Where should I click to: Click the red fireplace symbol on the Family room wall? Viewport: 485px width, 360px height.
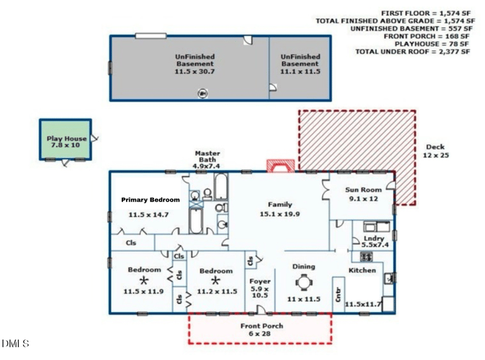pos(281,165)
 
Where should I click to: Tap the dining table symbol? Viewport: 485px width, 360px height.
pos(304,282)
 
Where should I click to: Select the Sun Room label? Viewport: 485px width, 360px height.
pos(363,190)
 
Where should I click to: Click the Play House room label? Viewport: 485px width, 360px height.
pos(67,139)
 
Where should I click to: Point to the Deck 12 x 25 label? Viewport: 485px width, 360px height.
pos(435,152)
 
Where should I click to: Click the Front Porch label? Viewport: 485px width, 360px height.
pos(262,325)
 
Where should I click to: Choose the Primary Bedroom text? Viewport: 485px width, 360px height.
pos(150,200)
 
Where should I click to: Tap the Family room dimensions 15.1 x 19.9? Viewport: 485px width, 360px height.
pos(279,214)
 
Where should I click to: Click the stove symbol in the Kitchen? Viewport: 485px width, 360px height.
pos(366,257)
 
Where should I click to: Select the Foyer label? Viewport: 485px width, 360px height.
pos(260,281)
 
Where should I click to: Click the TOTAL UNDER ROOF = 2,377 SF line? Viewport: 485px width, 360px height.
pos(412,52)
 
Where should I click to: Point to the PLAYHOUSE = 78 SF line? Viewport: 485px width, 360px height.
pos(432,44)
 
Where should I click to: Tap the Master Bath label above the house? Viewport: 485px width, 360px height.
pos(207,156)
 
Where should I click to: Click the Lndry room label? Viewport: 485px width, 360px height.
pos(373,238)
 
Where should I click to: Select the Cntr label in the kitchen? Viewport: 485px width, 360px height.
pos(338,295)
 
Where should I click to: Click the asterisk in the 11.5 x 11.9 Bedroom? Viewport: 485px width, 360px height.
pos(144,281)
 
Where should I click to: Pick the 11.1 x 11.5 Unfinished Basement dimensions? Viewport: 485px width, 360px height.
pos(300,72)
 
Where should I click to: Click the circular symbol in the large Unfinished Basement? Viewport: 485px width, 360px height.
pos(202,93)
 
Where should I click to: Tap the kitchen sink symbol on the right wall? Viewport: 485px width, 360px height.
pos(389,278)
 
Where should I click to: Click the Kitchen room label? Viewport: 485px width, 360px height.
pos(362,270)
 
